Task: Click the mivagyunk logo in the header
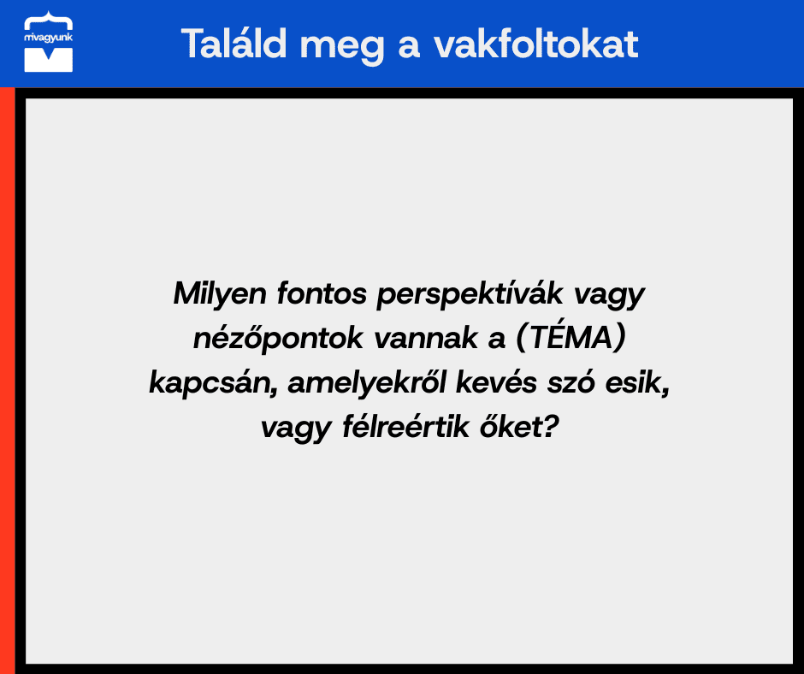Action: [x=48, y=42]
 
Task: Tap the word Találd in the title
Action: [x=234, y=44]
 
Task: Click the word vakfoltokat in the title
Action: [x=535, y=44]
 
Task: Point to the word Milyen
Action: [x=220, y=295]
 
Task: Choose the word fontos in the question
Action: [x=322, y=294]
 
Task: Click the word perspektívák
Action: [x=470, y=295]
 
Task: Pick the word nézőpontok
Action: [x=278, y=339]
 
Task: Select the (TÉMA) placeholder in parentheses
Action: [x=570, y=338]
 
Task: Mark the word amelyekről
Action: [x=367, y=383]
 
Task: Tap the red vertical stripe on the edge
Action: [x=7, y=381]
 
